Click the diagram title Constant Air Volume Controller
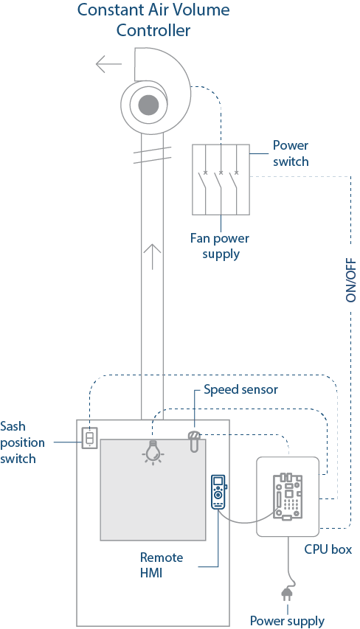pos(153,20)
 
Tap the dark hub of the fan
pos(148,105)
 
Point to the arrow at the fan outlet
pos(108,63)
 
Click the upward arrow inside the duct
pos(153,256)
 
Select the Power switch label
pos(291,153)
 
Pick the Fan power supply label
pos(220,246)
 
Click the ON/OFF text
pos(350,279)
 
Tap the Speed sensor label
pos(240,389)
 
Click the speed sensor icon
pos(194,441)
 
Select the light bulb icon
pos(153,452)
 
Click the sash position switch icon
pos(90,438)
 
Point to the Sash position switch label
pos(22,442)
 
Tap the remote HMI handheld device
pos(218,492)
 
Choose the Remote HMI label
pos(162,565)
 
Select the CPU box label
pos(328,549)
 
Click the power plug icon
pos(286,594)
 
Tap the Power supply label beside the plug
pos(287,621)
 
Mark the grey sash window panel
pos(153,490)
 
